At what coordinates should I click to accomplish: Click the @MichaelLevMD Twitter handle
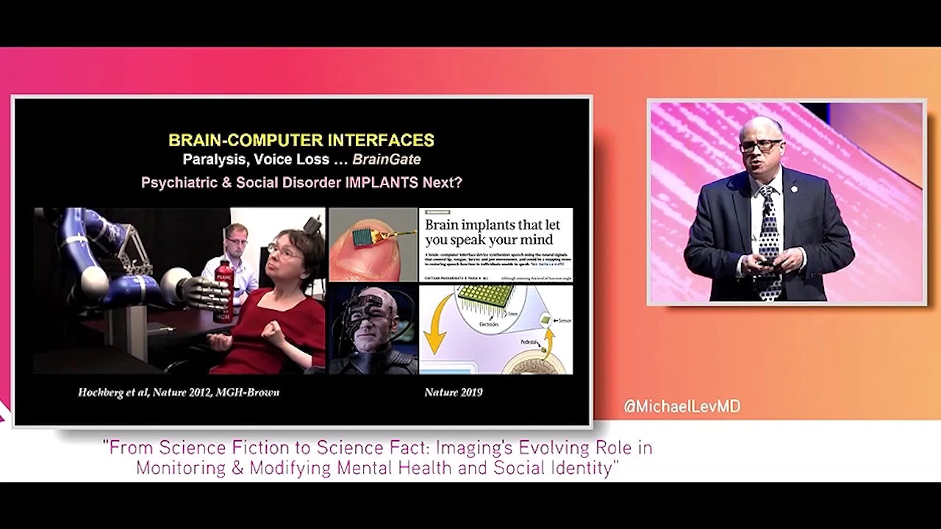[681, 406]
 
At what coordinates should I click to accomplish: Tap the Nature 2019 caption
[453, 392]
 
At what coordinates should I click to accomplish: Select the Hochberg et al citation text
[178, 392]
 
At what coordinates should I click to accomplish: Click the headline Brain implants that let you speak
[493, 231]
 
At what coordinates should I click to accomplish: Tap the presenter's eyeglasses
[760, 145]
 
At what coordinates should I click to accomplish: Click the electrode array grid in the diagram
[486, 298]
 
